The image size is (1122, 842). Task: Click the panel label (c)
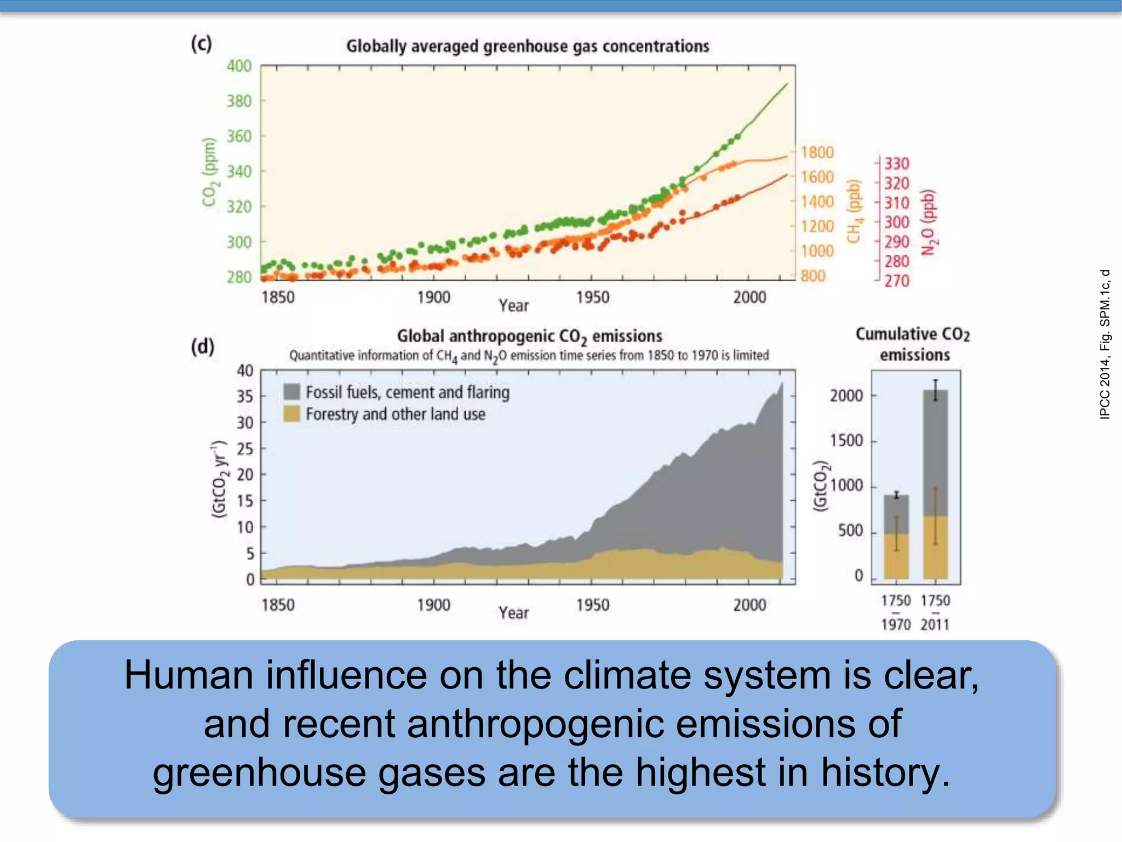click(201, 44)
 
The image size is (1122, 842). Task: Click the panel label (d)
click(202, 346)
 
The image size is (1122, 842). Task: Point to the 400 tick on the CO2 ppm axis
click(239, 66)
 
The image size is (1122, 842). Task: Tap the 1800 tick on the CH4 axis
click(817, 152)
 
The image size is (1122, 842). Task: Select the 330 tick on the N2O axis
click(897, 163)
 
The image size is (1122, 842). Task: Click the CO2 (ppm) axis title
click(209, 172)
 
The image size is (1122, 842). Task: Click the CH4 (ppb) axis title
click(854, 211)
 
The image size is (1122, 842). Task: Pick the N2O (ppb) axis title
click(928, 222)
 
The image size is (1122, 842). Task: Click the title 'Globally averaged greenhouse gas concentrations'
click(528, 46)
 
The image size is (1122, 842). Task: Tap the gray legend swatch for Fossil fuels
click(291, 392)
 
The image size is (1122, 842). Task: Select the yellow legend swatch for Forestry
click(291, 414)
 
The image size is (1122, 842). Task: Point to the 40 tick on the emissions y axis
click(245, 371)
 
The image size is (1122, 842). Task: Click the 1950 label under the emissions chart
click(592, 605)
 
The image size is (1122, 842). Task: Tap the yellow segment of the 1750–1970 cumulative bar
click(896, 556)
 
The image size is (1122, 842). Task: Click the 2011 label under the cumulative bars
click(935, 624)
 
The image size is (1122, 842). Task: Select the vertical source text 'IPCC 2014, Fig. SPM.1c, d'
click(1105, 344)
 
